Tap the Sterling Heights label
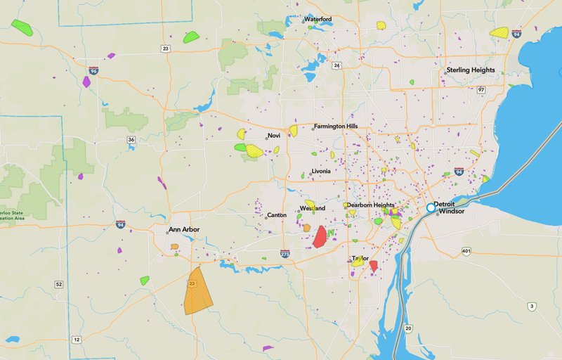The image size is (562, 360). pyautogui.click(x=471, y=70)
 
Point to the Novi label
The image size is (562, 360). pyautogui.click(x=273, y=136)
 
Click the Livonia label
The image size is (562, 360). pyautogui.click(x=320, y=172)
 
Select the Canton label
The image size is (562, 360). pyautogui.click(x=277, y=215)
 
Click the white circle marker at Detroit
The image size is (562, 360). pyautogui.click(x=431, y=207)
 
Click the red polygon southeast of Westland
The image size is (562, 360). pyautogui.click(x=320, y=236)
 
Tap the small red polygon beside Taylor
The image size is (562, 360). pyautogui.click(x=374, y=266)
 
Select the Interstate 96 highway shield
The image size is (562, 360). pyautogui.click(x=93, y=71)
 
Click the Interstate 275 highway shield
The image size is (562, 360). pyautogui.click(x=285, y=253)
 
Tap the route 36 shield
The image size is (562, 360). pyautogui.click(x=131, y=140)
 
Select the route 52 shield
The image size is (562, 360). pyautogui.click(x=58, y=284)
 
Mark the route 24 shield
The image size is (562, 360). pyautogui.click(x=337, y=65)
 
